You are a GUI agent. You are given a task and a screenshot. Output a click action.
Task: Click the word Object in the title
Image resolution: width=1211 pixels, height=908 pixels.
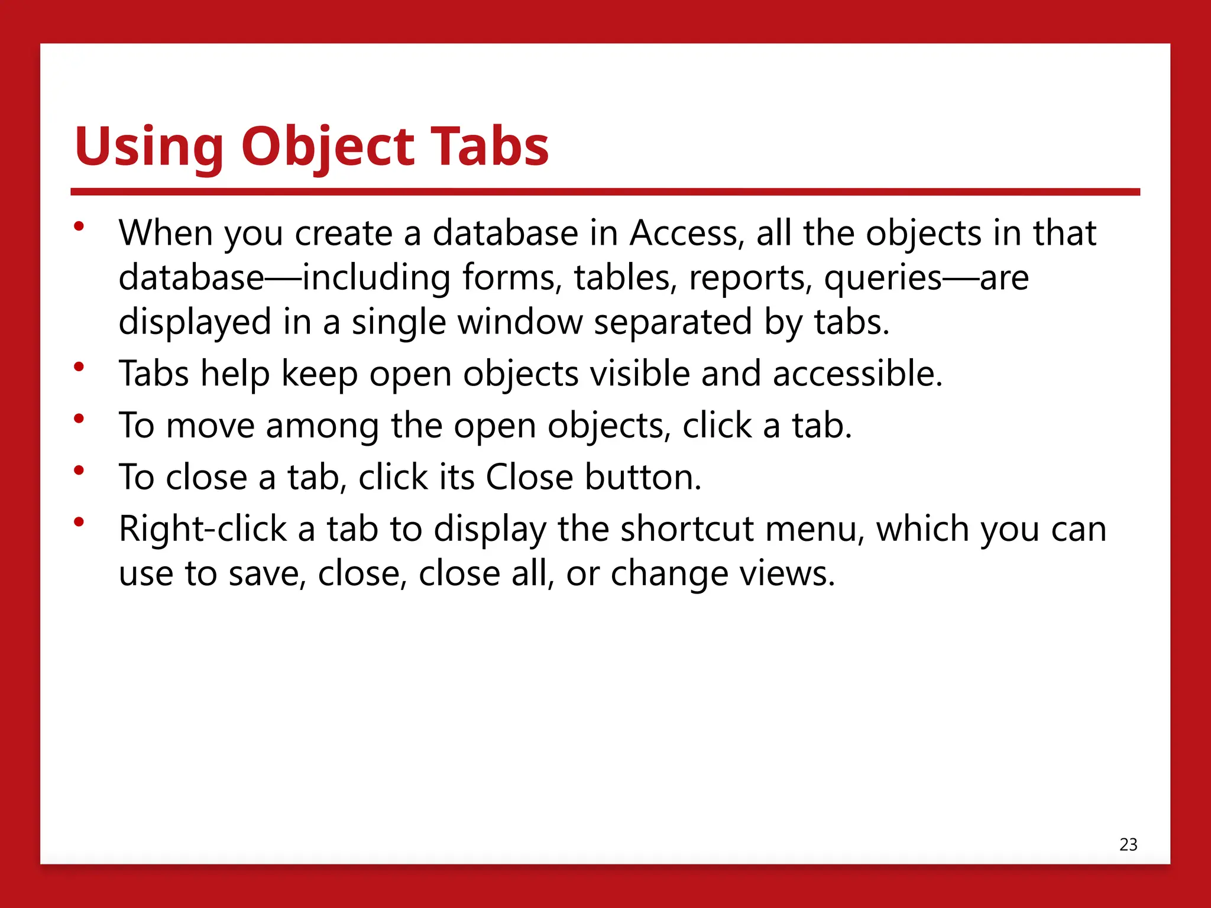click(x=329, y=146)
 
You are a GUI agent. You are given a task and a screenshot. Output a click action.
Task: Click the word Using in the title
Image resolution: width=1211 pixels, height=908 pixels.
click(x=149, y=146)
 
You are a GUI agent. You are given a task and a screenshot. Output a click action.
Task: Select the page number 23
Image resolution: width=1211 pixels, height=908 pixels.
click(x=1128, y=844)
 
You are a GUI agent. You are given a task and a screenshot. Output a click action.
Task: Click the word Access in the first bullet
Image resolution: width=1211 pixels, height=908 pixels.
click(x=684, y=233)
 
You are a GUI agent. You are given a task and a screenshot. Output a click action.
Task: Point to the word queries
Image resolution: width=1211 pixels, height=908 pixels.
click(x=882, y=278)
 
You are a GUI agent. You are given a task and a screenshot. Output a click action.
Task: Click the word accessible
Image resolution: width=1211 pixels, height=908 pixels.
click(x=857, y=374)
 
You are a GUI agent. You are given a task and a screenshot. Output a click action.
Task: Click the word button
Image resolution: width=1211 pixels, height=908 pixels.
click(x=643, y=477)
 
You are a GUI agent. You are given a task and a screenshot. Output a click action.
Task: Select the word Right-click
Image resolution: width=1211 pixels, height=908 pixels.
click(x=202, y=528)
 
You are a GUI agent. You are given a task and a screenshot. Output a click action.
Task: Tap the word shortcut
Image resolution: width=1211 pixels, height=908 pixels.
click(x=687, y=528)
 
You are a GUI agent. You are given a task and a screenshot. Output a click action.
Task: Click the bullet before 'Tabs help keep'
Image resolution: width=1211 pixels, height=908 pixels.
click(x=79, y=367)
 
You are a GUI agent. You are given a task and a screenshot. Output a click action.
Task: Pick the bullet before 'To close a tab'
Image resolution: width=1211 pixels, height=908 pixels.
click(x=79, y=471)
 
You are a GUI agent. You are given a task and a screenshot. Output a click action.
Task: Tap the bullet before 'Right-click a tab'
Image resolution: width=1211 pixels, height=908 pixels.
click(x=79, y=522)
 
